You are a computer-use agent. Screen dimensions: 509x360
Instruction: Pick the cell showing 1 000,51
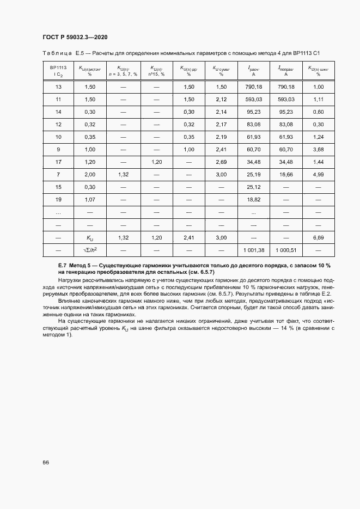(x=285, y=249)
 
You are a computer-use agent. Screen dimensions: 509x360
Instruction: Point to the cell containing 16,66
(x=285, y=174)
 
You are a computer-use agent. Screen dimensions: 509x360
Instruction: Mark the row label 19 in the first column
(x=58, y=200)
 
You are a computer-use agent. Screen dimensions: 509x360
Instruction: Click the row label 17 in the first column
(x=58, y=162)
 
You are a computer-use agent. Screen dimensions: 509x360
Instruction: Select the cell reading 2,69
(x=221, y=162)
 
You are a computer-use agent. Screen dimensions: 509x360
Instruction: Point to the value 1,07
(x=90, y=200)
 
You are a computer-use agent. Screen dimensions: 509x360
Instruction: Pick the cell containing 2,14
(x=221, y=112)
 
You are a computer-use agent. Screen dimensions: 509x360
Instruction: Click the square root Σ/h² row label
(x=90, y=249)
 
